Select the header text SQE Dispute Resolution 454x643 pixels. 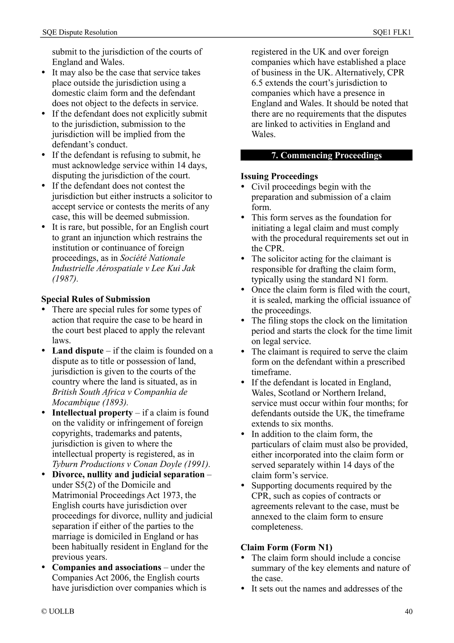pos(80,32)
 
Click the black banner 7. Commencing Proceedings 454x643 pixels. pos(326,155)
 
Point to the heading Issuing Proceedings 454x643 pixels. pos(279,176)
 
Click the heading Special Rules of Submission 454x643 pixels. pos(96,299)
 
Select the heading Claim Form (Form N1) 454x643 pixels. pos(287,547)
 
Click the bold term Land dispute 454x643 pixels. pos(78,351)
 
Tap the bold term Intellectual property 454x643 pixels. pos(92,413)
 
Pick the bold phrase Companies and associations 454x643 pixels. pos(107,567)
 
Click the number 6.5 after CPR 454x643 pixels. pos(257,83)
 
